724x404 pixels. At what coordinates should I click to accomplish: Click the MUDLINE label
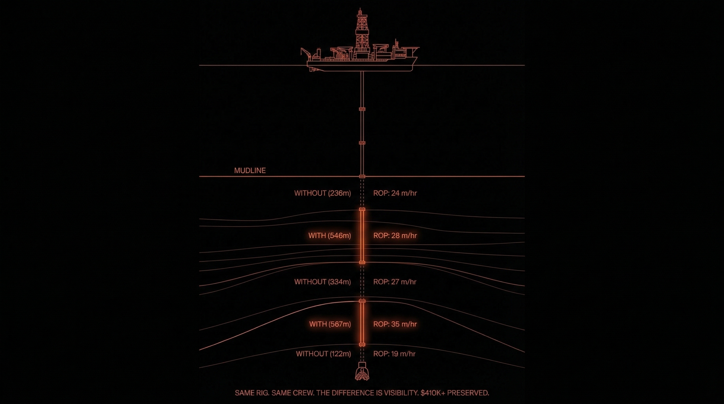pos(250,170)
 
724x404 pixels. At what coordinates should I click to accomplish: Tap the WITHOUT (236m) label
pos(322,193)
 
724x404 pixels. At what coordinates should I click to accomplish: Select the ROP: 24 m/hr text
pos(395,193)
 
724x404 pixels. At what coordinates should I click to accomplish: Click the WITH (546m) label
pos(329,236)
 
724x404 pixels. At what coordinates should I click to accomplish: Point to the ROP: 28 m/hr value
pos(395,236)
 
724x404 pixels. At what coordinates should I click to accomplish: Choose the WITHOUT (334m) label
pos(322,282)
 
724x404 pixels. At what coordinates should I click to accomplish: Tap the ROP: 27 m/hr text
pos(395,282)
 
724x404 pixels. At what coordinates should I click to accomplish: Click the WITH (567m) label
pos(330,324)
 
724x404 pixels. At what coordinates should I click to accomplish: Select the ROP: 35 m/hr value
pos(395,324)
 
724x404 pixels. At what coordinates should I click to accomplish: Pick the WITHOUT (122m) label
pos(323,354)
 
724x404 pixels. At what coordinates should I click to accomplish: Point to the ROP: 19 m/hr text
pos(394,354)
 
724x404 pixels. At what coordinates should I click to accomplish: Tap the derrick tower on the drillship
pos(362,31)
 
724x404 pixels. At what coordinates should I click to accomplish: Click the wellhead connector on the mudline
pos(362,176)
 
